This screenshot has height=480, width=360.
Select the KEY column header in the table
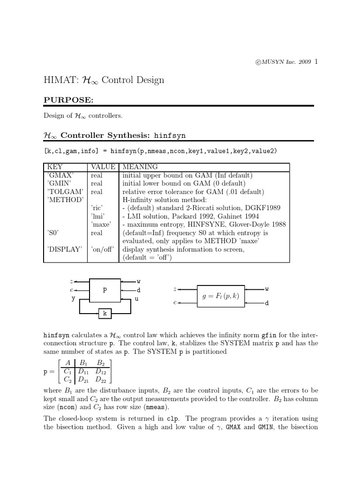point(55,167)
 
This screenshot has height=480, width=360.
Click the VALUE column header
point(103,167)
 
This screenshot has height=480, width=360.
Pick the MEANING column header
point(140,167)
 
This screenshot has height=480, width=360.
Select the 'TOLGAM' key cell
point(62,192)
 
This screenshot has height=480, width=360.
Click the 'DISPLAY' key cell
point(64,249)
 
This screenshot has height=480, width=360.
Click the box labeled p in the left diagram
point(105,290)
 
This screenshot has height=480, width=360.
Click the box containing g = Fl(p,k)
point(221,296)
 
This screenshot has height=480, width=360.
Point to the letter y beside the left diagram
point(73,299)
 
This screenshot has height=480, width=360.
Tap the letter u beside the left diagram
point(137,299)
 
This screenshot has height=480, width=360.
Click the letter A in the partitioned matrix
point(68,362)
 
